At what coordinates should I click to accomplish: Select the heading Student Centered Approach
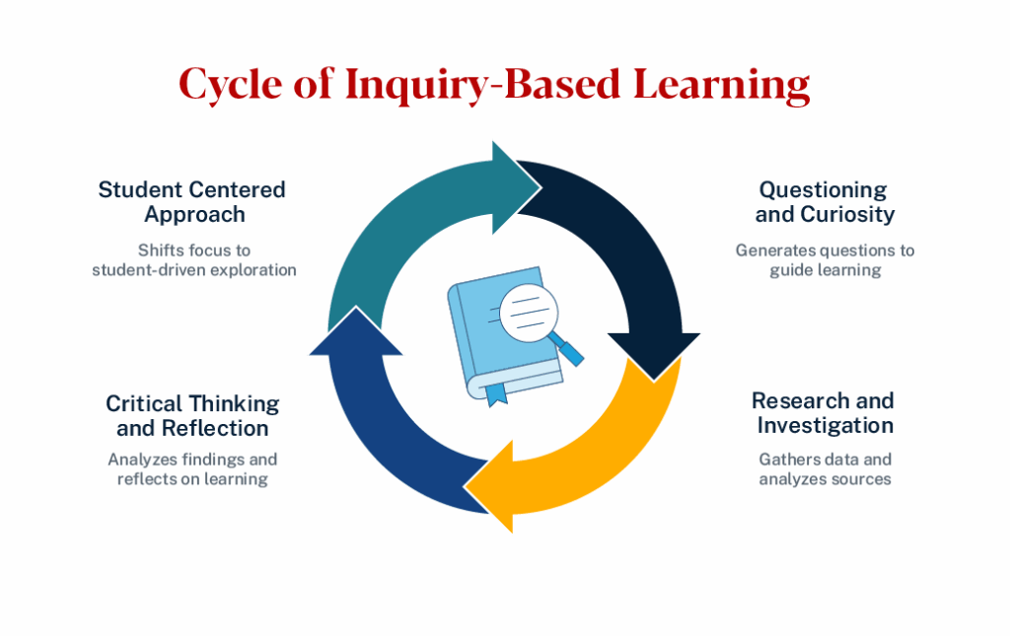click(192, 201)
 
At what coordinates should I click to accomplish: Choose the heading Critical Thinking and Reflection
click(192, 415)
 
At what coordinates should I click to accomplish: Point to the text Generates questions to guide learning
click(825, 259)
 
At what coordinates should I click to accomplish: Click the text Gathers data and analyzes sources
click(825, 468)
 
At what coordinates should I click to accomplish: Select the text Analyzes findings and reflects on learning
click(192, 468)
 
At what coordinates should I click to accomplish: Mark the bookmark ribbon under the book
click(496, 394)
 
